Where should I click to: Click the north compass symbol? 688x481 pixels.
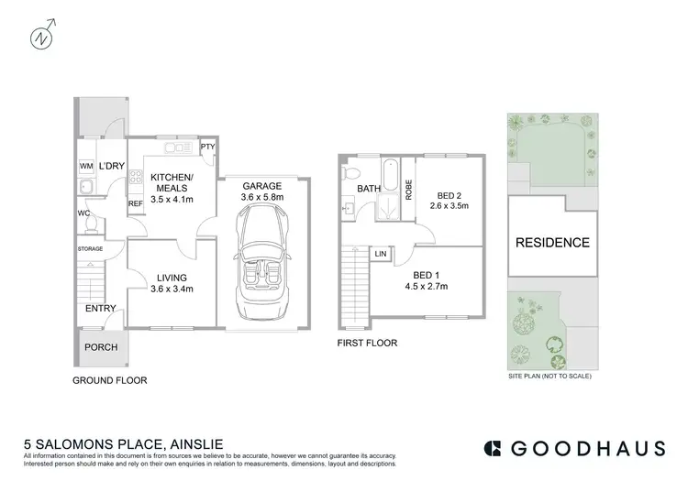(41, 38)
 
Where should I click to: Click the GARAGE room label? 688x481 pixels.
(261, 185)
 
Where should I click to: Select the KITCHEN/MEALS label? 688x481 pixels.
(171, 183)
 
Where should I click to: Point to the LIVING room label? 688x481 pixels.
(172, 277)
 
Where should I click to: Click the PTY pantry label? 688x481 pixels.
(207, 146)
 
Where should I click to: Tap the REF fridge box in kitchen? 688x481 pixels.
(135, 203)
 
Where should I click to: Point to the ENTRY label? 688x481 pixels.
(100, 309)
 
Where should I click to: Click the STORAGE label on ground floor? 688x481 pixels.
(90, 248)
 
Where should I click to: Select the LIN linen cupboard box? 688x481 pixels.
(380, 253)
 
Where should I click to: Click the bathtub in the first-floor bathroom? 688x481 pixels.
(390, 173)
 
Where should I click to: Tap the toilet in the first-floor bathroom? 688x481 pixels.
(350, 172)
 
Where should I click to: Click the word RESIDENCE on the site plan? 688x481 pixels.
(551, 243)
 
